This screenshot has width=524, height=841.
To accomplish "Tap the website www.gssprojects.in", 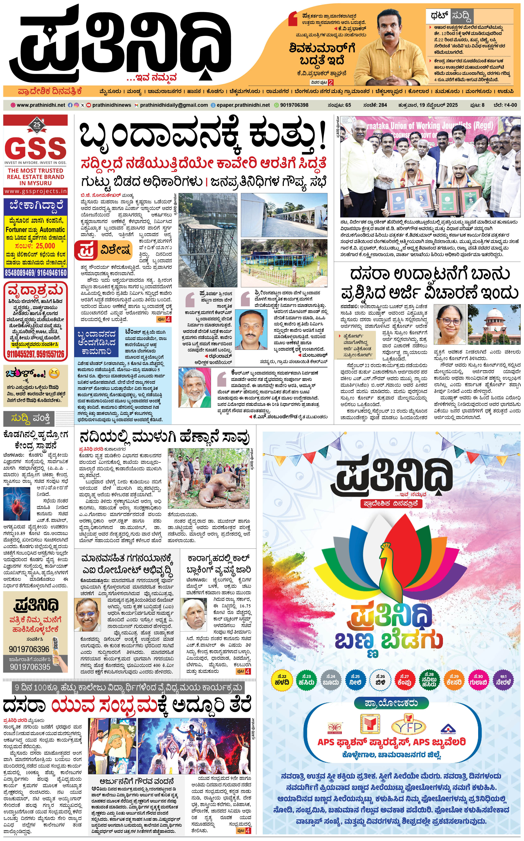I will point(36,191).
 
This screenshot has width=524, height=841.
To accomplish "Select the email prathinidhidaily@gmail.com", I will point(174,105).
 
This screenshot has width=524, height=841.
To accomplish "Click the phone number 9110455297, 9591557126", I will point(36,354).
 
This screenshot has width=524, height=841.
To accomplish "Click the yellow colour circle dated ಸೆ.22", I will point(282,680).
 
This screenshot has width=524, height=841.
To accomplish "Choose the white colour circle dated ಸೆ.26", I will point(380,680).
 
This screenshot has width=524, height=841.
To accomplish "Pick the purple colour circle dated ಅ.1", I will point(503,680).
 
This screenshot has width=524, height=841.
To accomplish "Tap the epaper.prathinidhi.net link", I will point(243,105).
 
